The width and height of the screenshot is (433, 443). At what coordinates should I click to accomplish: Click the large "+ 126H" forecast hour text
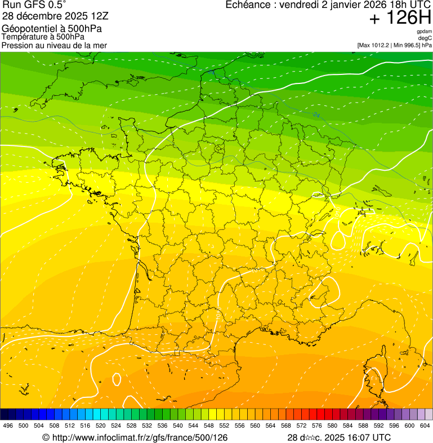[x=400, y=19]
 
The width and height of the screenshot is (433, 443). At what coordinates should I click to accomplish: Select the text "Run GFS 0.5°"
[x=34, y=6]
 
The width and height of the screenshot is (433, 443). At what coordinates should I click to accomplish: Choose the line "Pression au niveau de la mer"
[x=54, y=45]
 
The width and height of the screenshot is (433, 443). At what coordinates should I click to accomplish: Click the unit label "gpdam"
[x=424, y=32]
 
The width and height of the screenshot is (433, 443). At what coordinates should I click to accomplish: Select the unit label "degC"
[x=425, y=38]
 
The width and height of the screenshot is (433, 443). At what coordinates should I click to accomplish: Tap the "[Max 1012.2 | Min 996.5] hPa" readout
[x=394, y=45]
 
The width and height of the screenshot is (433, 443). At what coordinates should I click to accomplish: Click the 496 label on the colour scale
[x=8, y=426]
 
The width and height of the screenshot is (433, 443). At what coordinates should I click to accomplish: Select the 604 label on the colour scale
[x=425, y=426]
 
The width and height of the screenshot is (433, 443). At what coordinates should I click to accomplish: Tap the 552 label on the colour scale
[x=224, y=426]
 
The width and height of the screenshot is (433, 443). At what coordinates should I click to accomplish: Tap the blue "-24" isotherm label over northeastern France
[x=316, y=115]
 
